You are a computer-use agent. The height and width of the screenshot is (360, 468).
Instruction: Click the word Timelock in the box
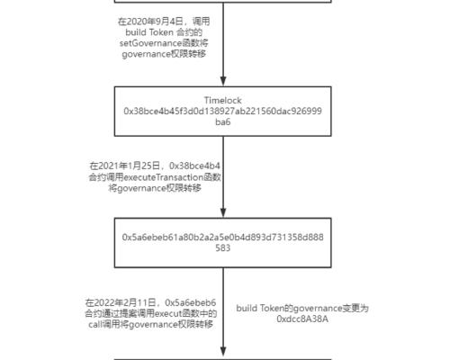tap(223, 100)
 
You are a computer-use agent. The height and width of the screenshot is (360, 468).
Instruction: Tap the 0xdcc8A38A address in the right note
tap(302, 319)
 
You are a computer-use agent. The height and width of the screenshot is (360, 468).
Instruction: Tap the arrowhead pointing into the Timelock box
tap(223, 80)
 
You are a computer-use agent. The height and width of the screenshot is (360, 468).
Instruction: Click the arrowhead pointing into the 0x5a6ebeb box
tap(223, 212)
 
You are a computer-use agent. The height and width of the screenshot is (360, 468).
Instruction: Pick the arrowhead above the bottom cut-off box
tap(223, 352)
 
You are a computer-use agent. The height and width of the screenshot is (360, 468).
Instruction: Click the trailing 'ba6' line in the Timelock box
tap(223, 121)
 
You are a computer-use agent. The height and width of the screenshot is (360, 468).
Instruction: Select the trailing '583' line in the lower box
tap(223, 247)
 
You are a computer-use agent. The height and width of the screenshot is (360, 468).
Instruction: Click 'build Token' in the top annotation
tap(148, 31)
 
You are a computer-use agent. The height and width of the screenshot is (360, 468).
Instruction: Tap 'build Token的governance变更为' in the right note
tap(302, 308)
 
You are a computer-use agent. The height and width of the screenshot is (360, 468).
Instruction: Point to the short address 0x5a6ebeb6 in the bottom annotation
tap(191, 302)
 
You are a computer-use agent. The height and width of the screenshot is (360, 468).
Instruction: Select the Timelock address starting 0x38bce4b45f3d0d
tap(223, 111)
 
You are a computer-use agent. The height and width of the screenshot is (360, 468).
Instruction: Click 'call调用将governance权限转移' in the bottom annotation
tap(150, 324)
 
